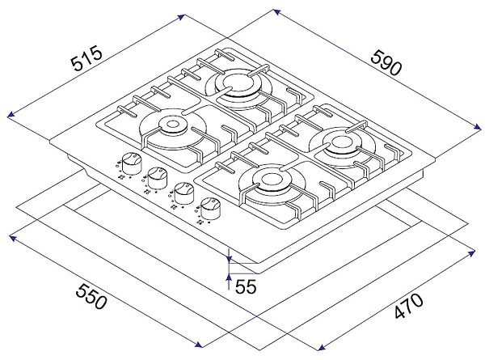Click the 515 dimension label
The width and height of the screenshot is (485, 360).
pyautogui.click(x=86, y=58)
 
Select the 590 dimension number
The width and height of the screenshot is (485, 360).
pyautogui.click(x=386, y=63)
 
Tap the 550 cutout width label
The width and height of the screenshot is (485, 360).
pyautogui.click(x=91, y=297)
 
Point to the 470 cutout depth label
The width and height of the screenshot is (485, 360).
pyautogui.click(x=408, y=306)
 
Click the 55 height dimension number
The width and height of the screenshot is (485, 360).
pyautogui.click(x=246, y=286)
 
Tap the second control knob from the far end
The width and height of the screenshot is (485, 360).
pyautogui.click(x=158, y=178)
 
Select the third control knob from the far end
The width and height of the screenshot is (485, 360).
pyautogui.click(x=183, y=193)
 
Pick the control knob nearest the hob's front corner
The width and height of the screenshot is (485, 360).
pyautogui.click(x=210, y=209)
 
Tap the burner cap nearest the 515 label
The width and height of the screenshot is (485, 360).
pyautogui.click(x=173, y=125)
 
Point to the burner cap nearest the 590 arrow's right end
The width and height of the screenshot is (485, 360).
pyautogui.click(x=341, y=143)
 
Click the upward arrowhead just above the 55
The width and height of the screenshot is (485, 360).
pyautogui.click(x=229, y=277)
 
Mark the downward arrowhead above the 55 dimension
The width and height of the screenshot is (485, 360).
pyautogui.click(x=229, y=258)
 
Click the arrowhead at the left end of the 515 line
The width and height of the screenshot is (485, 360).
pyautogui.click(x=11, y=115)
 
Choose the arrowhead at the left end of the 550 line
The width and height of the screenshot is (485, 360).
pyautogui.click(x=13, y=238)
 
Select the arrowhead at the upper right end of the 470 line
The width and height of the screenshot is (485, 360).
pyautogui.click(x=472, y=253)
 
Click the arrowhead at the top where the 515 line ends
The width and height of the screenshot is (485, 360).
pyautogui.click(x=182, y=17)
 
